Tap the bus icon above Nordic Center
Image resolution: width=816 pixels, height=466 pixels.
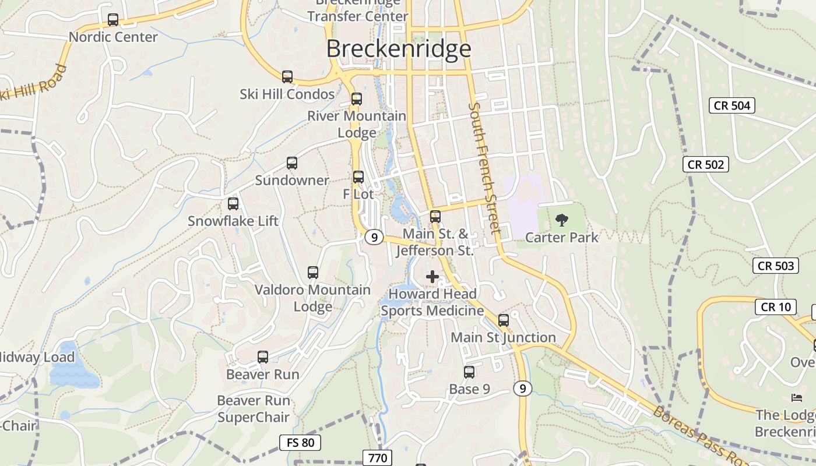point(113,20)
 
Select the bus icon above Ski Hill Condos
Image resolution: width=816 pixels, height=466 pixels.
point(287,77)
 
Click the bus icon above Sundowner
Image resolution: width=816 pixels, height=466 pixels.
point(292,163)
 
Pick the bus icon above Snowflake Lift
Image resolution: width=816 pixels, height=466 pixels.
point(233,204)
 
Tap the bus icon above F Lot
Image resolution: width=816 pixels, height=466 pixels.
point(358,177)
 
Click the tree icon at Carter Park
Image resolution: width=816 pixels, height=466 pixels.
point(561,220)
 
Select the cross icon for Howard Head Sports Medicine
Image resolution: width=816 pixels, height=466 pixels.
point(432,277)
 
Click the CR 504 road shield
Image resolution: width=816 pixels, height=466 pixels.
point(732,105)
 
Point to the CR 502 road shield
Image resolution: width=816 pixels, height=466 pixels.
point(706,165)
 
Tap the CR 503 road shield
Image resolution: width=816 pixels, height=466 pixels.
point(775,266)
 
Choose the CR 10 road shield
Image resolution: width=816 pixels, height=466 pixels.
point(775,307)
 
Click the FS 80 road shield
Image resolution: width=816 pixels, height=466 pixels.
point(300,443)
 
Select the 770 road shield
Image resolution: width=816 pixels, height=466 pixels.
point(377,458)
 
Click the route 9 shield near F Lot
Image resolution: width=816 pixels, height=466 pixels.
point(374,238)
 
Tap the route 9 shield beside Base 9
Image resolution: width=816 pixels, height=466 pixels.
point(523,389)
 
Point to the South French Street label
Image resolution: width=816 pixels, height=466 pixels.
point(484,168)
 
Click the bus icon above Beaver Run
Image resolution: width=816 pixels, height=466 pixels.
point(263,357)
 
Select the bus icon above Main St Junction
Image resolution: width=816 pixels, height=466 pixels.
point(504,320)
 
